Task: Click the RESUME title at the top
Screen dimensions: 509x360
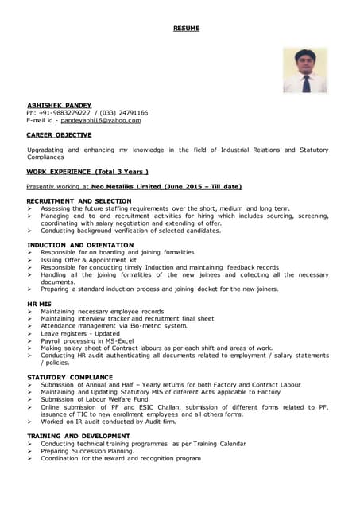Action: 186,29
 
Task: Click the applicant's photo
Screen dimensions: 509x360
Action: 304,70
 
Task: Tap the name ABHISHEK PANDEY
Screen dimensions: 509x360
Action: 59,105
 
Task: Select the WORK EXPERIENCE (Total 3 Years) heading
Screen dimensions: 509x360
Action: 87,171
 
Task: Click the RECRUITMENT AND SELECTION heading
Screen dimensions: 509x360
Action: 79,201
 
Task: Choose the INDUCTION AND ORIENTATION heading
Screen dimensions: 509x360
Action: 80,245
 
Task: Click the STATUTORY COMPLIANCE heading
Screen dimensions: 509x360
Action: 70,377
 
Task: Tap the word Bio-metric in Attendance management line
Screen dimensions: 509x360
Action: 145,326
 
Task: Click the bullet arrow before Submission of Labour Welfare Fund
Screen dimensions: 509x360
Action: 29,399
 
